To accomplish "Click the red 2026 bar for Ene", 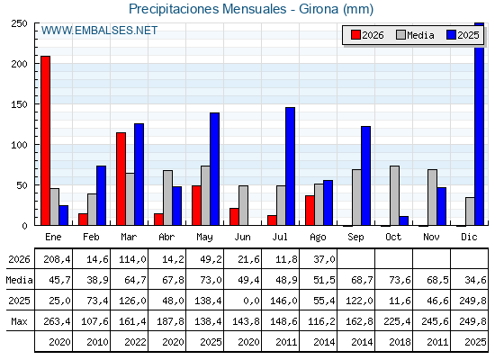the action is click(x=45, y=140).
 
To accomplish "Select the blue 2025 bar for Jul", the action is click(x=290, y=166).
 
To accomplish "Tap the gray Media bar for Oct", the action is click(x=395, y=195).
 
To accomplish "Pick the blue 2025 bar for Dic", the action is click(x=479, y=124).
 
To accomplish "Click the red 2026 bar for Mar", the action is click(x=121, y=179).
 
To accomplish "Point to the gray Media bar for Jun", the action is click(x=243, y=205).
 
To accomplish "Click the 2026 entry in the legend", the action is click(x=367, y=35).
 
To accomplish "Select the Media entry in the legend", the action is click(x=415, y=35).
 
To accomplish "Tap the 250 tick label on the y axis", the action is click(x=19, y=23).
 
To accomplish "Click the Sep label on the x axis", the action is click(x=355, y=238).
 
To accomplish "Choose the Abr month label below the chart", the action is click(x=166, y=238).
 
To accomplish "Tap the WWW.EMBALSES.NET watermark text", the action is click(x=99, y=31).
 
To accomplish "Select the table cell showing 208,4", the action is click(x=57, y=259).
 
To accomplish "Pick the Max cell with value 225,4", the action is click(x=397, y=321).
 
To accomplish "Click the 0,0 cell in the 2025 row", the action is click(x=251, y=301).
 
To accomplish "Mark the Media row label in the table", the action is click(x=19, y=280).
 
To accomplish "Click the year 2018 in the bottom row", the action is click(x=400, y=342).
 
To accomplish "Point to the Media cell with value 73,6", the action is click(x=400, y=280).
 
